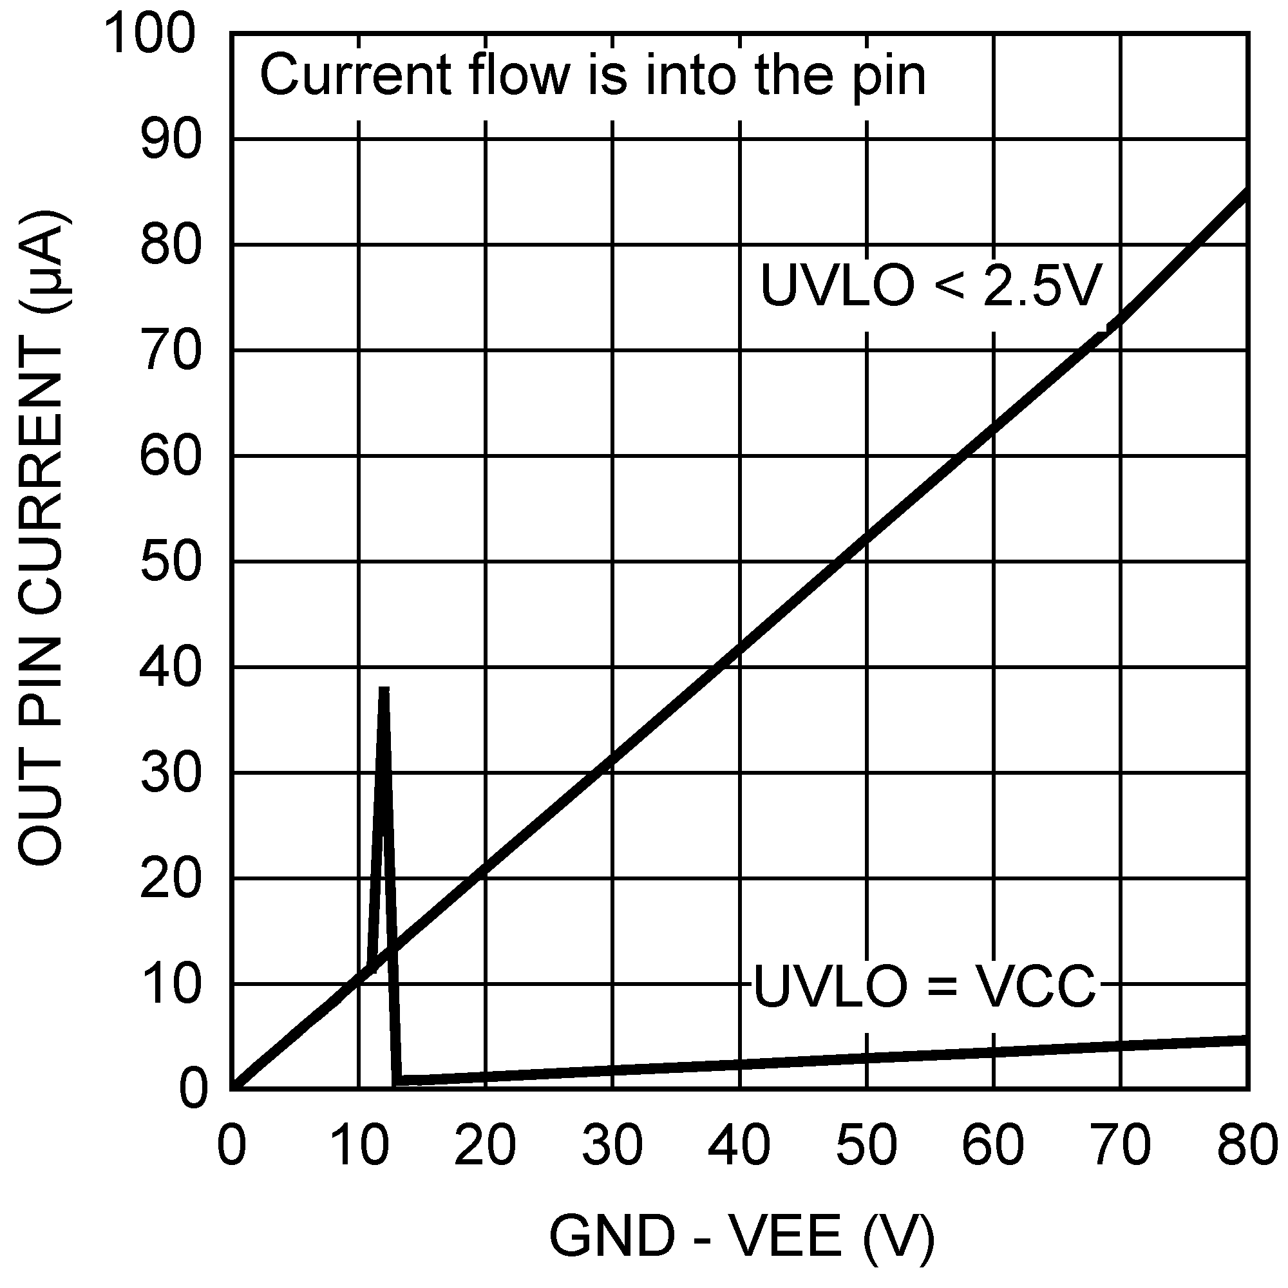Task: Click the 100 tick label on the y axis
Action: coord(150,35)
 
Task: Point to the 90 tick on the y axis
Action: coord(171,140)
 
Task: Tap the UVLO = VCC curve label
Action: coord(924,986)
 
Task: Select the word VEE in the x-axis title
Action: coord(787,1237)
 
